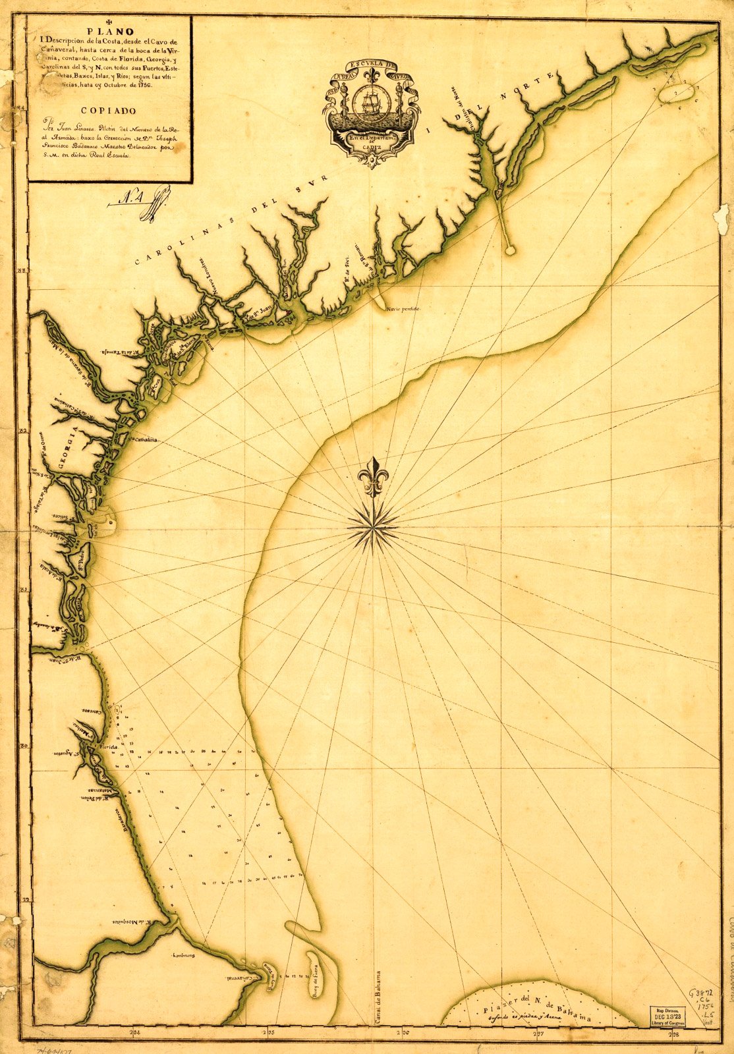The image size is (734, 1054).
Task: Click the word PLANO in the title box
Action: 109,30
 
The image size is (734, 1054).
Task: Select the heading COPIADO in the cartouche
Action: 109,111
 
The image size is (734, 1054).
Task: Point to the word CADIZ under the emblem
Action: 371,149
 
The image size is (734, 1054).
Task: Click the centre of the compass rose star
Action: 373,524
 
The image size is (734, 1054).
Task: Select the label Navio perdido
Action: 403,308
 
